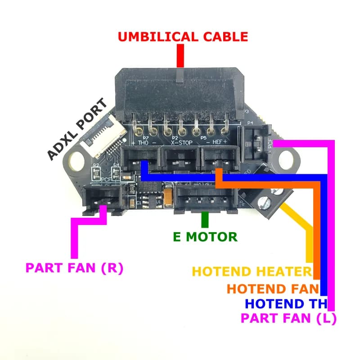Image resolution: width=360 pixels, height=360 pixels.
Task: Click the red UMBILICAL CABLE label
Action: click(x=183, y=36)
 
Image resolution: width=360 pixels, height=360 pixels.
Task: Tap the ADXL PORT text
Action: click(x=78, y=130)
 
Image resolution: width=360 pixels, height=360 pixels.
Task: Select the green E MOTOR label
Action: click(x=205, y=236)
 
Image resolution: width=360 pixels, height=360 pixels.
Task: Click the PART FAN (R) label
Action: click(x=74, y=268)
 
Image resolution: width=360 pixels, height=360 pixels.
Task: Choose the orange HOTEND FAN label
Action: click(x=273, y=288)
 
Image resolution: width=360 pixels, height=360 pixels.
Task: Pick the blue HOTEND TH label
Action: click(x=287, y=303)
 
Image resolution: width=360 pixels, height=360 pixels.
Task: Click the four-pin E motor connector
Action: click(x=205, y=198)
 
